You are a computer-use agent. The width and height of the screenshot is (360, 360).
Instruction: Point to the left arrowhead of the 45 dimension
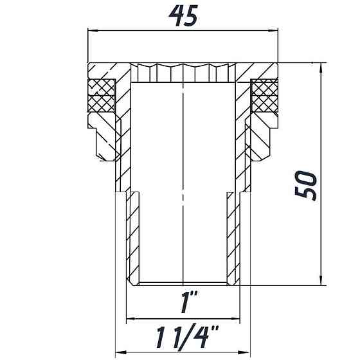point(91,30)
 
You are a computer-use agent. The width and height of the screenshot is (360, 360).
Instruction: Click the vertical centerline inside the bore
point(184,180)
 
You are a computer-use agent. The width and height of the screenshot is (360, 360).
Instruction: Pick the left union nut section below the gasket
point(103,138)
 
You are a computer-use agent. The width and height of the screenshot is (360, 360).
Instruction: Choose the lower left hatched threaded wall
point(134,238)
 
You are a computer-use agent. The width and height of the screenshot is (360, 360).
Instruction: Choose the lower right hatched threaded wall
point(233,238)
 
